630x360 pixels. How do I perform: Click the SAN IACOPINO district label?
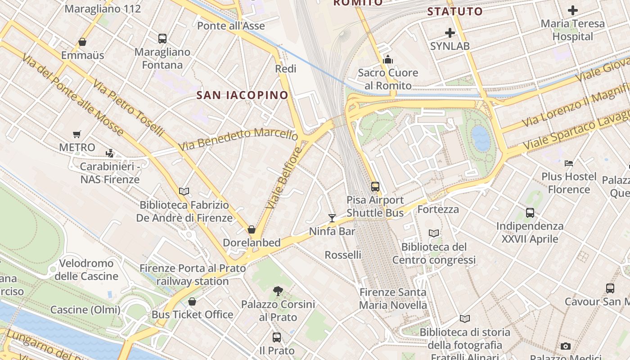[x=243, y=95]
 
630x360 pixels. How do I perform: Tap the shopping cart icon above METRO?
[x=77, y=134]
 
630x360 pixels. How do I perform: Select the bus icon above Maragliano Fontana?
[x=162, y=39]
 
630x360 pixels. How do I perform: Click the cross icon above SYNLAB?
[x=450, y=33]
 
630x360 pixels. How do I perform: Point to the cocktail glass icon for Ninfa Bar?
[x=332, y=218]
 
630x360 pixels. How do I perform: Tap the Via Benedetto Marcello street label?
[x=238, y=139]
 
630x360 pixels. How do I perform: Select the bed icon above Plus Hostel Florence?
[x=569, y=163]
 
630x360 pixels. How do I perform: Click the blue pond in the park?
[x=481, y=138]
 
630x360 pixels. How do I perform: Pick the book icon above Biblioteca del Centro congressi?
[x=434, y=233]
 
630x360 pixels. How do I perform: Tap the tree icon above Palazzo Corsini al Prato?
[x=278, y=291]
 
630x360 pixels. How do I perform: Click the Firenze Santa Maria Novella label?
[x=393, y=298]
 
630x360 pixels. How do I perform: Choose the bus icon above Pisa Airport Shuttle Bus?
[x=375, y=186]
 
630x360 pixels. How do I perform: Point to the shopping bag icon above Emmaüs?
[x=82, y=42]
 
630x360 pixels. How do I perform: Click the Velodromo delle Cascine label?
[x=86, y=270]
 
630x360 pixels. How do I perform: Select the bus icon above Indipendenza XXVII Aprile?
[x=530, y=212]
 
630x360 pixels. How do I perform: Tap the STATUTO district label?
[x=454, y=12]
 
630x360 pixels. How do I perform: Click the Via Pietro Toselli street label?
[x=130, y=108]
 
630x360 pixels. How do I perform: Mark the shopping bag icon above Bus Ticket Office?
[x=192, y=301]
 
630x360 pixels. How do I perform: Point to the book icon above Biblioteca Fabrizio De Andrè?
[x=184, y=192]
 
